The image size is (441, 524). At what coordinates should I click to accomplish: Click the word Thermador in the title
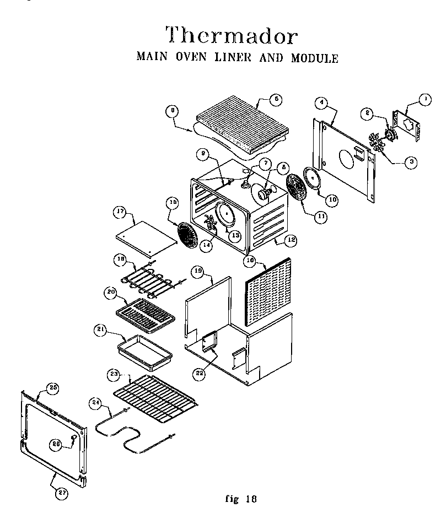click(x=232, y=36)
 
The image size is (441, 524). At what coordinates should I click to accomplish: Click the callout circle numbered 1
click(x=424, y=100)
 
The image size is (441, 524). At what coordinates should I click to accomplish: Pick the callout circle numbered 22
click(x=199, y=373)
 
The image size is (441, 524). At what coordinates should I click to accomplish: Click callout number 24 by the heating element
click(x=96, y=403)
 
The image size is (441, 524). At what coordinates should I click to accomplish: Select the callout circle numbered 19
click(x=198, y=272)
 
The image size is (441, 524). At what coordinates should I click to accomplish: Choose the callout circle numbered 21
click(x=100, y=330)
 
